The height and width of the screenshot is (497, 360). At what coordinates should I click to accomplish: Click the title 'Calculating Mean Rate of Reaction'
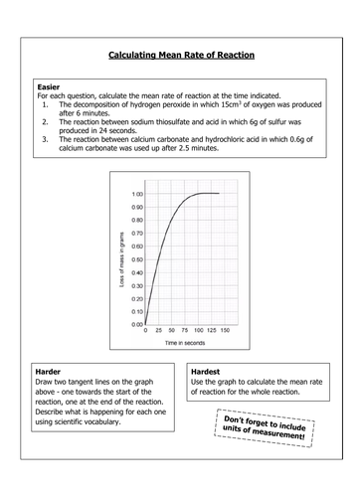click(180, 58)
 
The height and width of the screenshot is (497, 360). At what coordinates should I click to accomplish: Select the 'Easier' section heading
click(48, 87)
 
